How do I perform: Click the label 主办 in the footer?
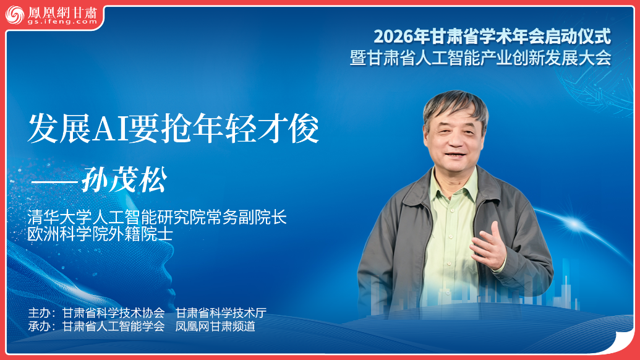[38, 312]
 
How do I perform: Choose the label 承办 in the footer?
[38, 327]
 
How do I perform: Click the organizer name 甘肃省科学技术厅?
[221, 312]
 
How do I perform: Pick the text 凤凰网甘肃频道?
[215, 327]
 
